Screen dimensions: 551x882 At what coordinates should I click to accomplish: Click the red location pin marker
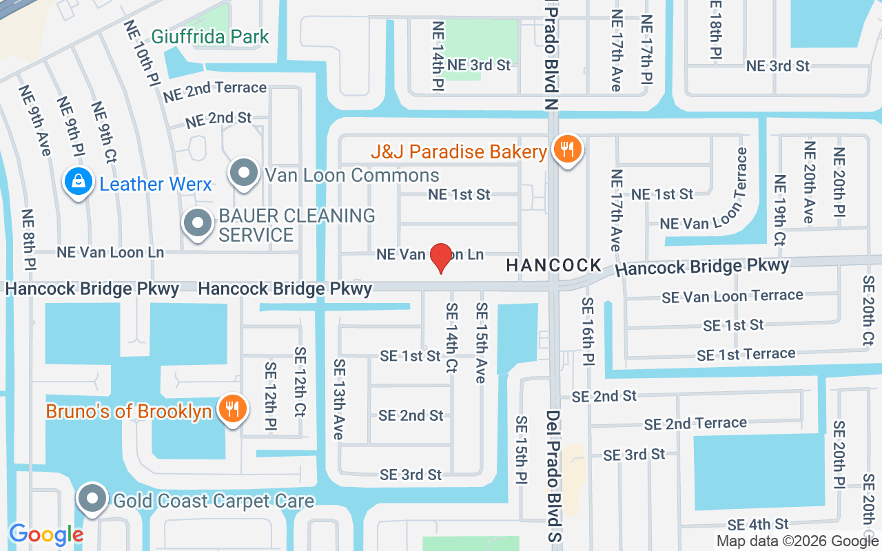coord(441,258)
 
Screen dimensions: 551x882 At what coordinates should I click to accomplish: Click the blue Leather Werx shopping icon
coord(79,183)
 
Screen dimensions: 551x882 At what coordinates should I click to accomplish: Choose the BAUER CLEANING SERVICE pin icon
coord(198,223)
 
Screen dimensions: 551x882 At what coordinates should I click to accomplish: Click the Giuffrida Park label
coord(210,36)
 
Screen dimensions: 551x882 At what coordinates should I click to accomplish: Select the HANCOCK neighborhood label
coord(554,265)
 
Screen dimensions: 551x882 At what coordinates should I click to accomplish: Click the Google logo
coord(46,534)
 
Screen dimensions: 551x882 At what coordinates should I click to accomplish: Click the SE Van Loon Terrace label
coord(732,296)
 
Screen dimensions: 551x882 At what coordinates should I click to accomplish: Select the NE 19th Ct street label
coord(779,210)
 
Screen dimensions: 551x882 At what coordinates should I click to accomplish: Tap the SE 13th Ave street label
coord(338,399)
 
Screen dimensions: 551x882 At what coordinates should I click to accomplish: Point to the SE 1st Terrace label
coord(746,355)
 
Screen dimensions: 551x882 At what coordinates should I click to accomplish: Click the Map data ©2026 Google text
coord(798,541)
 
